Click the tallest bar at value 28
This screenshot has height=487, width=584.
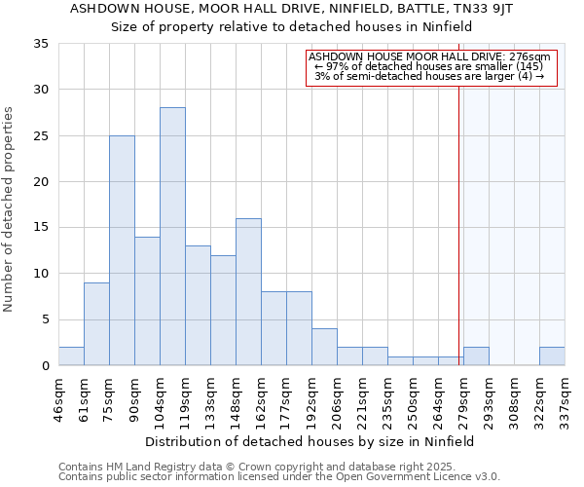[172, 236]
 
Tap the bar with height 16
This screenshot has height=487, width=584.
[248, 291]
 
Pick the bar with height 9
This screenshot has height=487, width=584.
[96, 323]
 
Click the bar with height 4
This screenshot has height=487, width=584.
[324, 347]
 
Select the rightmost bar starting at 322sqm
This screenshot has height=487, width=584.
[552, 356]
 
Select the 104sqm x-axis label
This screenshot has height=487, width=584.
[161, 398]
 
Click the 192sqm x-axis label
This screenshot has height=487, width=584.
[312, 398]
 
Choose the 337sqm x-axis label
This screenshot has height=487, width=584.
[566, 398]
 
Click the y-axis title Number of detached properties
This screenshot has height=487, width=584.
[10, 209]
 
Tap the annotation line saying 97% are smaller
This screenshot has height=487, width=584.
[429, 66]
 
